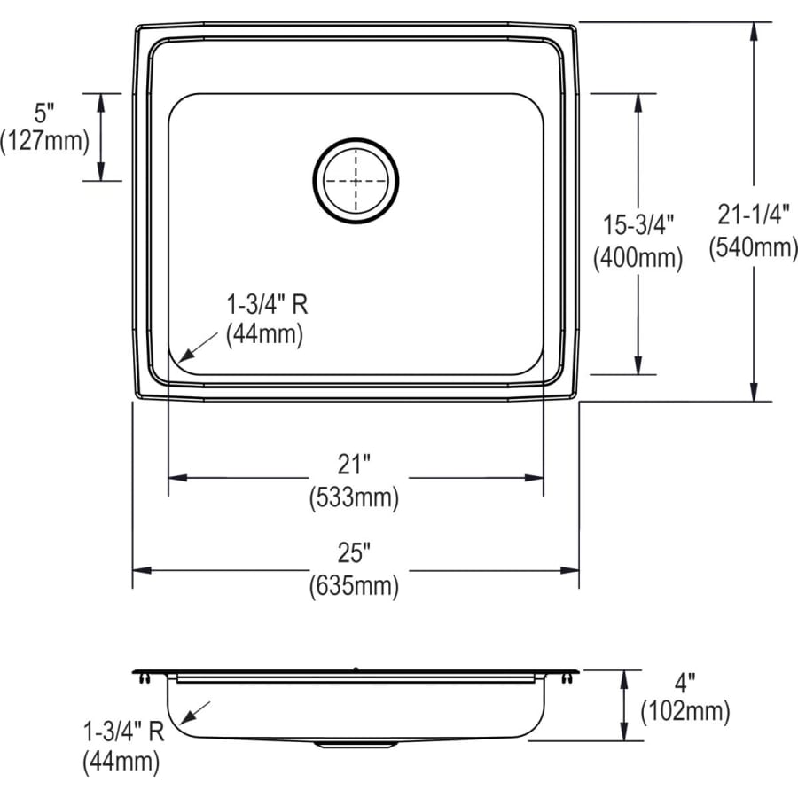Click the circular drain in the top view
[x=356, y=179]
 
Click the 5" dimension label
[x=45, y=113]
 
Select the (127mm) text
[x=45, y=140]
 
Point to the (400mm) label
[x=638, y=258]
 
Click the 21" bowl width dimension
[x=354, y=464]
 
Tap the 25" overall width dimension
[x=354, y=554]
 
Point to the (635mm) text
[x=354, y=586]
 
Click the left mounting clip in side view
[x=145, y=678]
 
